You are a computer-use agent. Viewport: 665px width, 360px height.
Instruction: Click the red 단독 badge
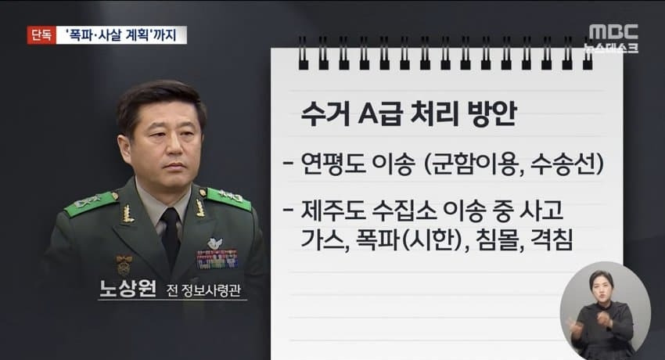pyautogui.click(x=41, y=35)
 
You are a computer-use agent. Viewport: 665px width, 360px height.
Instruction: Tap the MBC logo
pyautogui.click(x=613, y=32)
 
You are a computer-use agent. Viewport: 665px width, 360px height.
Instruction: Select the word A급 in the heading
pyautogui.click(x=379, y=114)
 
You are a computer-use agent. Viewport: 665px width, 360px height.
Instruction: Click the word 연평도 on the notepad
pyautogui.click(x=333, y=164)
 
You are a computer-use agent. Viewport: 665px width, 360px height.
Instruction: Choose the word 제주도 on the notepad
pyautogui.click(x=333, y=211)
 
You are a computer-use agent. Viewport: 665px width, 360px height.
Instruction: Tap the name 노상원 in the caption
pyautogui.click(x=128, y=288)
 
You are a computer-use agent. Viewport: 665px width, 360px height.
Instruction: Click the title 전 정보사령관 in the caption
pyautogui.click(x=203, y=290)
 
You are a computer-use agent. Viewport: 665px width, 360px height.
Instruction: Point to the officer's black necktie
pyautogui.click(x=171, y=236)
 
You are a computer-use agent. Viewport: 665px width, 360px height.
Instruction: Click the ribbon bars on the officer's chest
pyautogui.click(x=217, y=259)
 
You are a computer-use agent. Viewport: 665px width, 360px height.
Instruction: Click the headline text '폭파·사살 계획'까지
pyautogui.click(x=121, y=35)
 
